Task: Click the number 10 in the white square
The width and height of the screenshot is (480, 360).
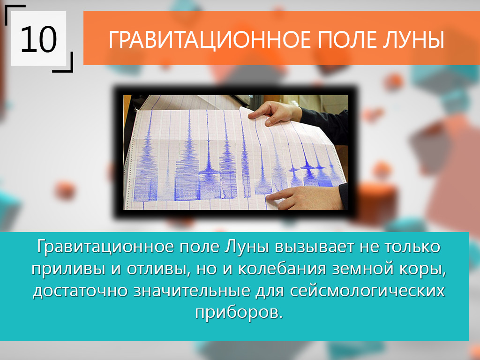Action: click(x=39, y=39)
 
